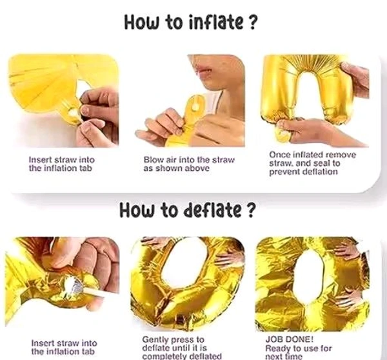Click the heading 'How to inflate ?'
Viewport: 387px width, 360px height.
tap(190, 22)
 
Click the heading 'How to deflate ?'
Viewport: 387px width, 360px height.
tap(186, 210)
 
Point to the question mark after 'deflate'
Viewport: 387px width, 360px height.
tap(250, 210)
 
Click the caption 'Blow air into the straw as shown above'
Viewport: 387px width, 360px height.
tap(189, 164)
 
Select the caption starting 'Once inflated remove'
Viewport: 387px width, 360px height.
tap(312, 163)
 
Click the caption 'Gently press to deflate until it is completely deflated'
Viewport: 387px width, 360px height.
tap(182, 348)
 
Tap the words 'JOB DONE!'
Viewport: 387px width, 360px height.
tap(290, 339)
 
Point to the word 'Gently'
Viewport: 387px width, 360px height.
tap(154, 340)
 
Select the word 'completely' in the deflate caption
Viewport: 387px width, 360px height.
tap(164, 357)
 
